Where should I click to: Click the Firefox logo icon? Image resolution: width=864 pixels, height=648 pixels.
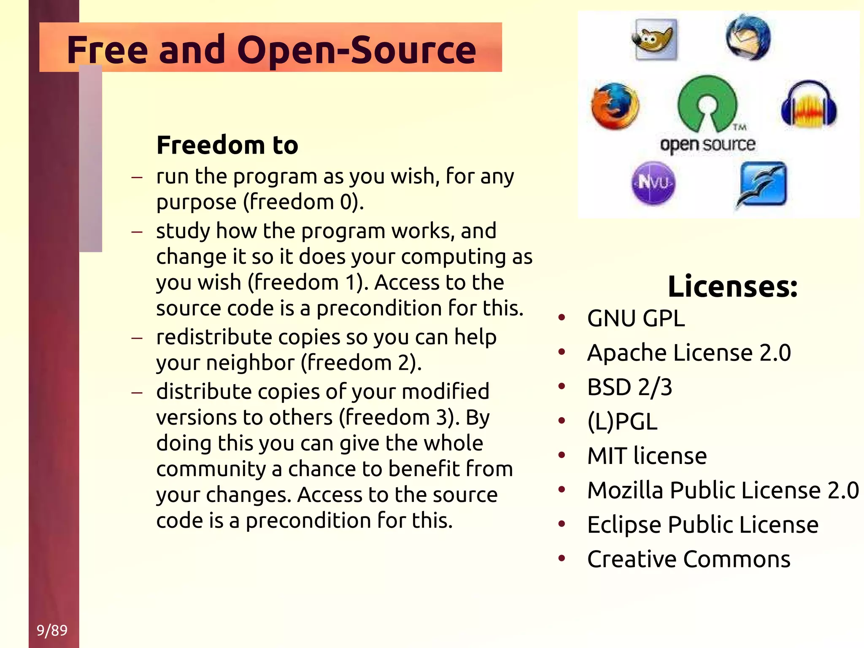[615, 106]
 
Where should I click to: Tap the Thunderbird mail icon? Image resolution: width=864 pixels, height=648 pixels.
[748, 38]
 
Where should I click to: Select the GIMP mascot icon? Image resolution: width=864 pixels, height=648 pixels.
[655, 39]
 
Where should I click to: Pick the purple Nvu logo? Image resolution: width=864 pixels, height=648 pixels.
[653, 183]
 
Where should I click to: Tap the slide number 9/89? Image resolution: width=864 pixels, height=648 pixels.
[52, 630]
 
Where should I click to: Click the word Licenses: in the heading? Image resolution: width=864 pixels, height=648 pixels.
[732, 286]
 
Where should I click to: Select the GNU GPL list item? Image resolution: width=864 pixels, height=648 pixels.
[636, 318]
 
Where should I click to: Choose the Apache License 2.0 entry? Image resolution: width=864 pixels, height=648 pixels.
[688, 352]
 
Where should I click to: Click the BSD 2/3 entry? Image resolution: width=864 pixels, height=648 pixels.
[629, 387]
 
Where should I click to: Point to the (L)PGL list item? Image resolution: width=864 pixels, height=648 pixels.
[622, 421]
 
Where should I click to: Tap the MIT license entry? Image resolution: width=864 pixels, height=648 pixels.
[647, 456]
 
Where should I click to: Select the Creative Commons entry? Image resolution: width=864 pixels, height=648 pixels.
[688, 559]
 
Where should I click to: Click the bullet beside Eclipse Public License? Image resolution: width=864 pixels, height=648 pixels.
[562, 524]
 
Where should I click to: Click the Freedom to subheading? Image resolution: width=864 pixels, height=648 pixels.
[227, 145]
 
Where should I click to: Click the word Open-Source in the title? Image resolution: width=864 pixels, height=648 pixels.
[356, 50]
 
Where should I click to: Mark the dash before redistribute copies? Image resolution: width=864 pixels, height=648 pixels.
[137, 338]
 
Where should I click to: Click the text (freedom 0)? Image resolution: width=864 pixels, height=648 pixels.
[303, 202]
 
